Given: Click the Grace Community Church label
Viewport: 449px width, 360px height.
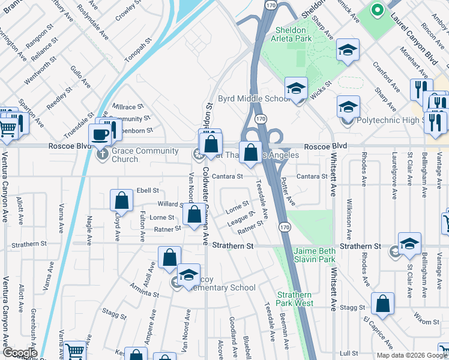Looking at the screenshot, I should click(x=124, y=155).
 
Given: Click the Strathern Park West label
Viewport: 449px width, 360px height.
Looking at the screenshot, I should click(x=295, y=299).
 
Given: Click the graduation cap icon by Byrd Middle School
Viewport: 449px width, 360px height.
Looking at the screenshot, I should click(x=296, y=89).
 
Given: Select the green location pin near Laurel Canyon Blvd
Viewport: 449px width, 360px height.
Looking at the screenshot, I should click(x=377, y=10).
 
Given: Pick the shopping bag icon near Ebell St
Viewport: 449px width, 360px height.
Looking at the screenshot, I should click(x=121, y=202).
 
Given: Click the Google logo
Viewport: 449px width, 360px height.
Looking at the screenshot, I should click(x=19, y=353).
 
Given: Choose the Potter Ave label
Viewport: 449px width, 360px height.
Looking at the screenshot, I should click(x=289, y=193).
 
